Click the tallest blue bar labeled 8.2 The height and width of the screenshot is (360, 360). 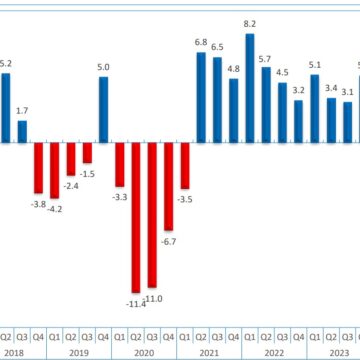coord(250,88)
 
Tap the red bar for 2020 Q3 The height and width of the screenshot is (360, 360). coord(153,213)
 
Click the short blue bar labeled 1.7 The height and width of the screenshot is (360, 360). coord(22,131)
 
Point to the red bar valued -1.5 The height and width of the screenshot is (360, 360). coord(87,153)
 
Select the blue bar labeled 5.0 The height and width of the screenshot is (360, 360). coord(104,110)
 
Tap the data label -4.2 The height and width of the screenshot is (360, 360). coord(55,209)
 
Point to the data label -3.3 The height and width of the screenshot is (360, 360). coord(120,198)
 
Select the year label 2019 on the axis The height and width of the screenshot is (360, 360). coord(79,353)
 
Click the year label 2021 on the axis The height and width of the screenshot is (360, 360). coord(209,353)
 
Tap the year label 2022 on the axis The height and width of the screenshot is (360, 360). coord(274,353)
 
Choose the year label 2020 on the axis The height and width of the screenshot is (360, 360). coord(144,353)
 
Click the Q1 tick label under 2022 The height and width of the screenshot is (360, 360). coord(250,337)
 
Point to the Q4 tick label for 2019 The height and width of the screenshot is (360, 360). coord(104,337)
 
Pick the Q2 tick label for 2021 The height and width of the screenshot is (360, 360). coord(201,337)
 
